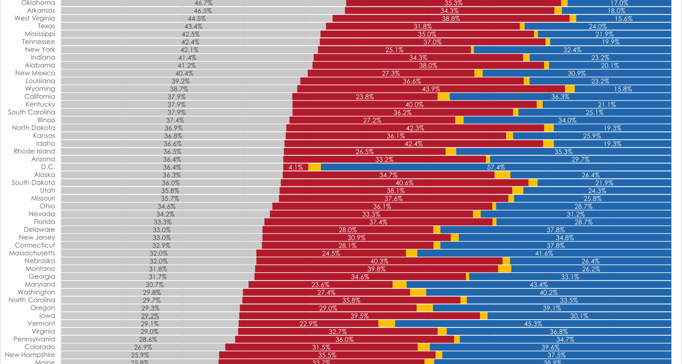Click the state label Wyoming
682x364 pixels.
coord(40,89)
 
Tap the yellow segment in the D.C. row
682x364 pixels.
coord(314,167)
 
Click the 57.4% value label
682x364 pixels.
coord(496,167)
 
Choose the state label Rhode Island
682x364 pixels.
coord(34,151)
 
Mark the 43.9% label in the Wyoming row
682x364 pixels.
coord(431,89)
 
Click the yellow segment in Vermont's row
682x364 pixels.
coord(386,323)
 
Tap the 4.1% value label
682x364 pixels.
coord(296,167)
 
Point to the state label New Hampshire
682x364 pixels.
coord(30,355)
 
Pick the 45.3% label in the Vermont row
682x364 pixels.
coord(533,324)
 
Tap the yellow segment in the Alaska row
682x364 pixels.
coord(502,175)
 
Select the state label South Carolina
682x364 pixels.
coord(31,112)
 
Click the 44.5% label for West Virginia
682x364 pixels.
coord(196,19)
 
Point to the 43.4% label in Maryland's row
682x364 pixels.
coord(538,285)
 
